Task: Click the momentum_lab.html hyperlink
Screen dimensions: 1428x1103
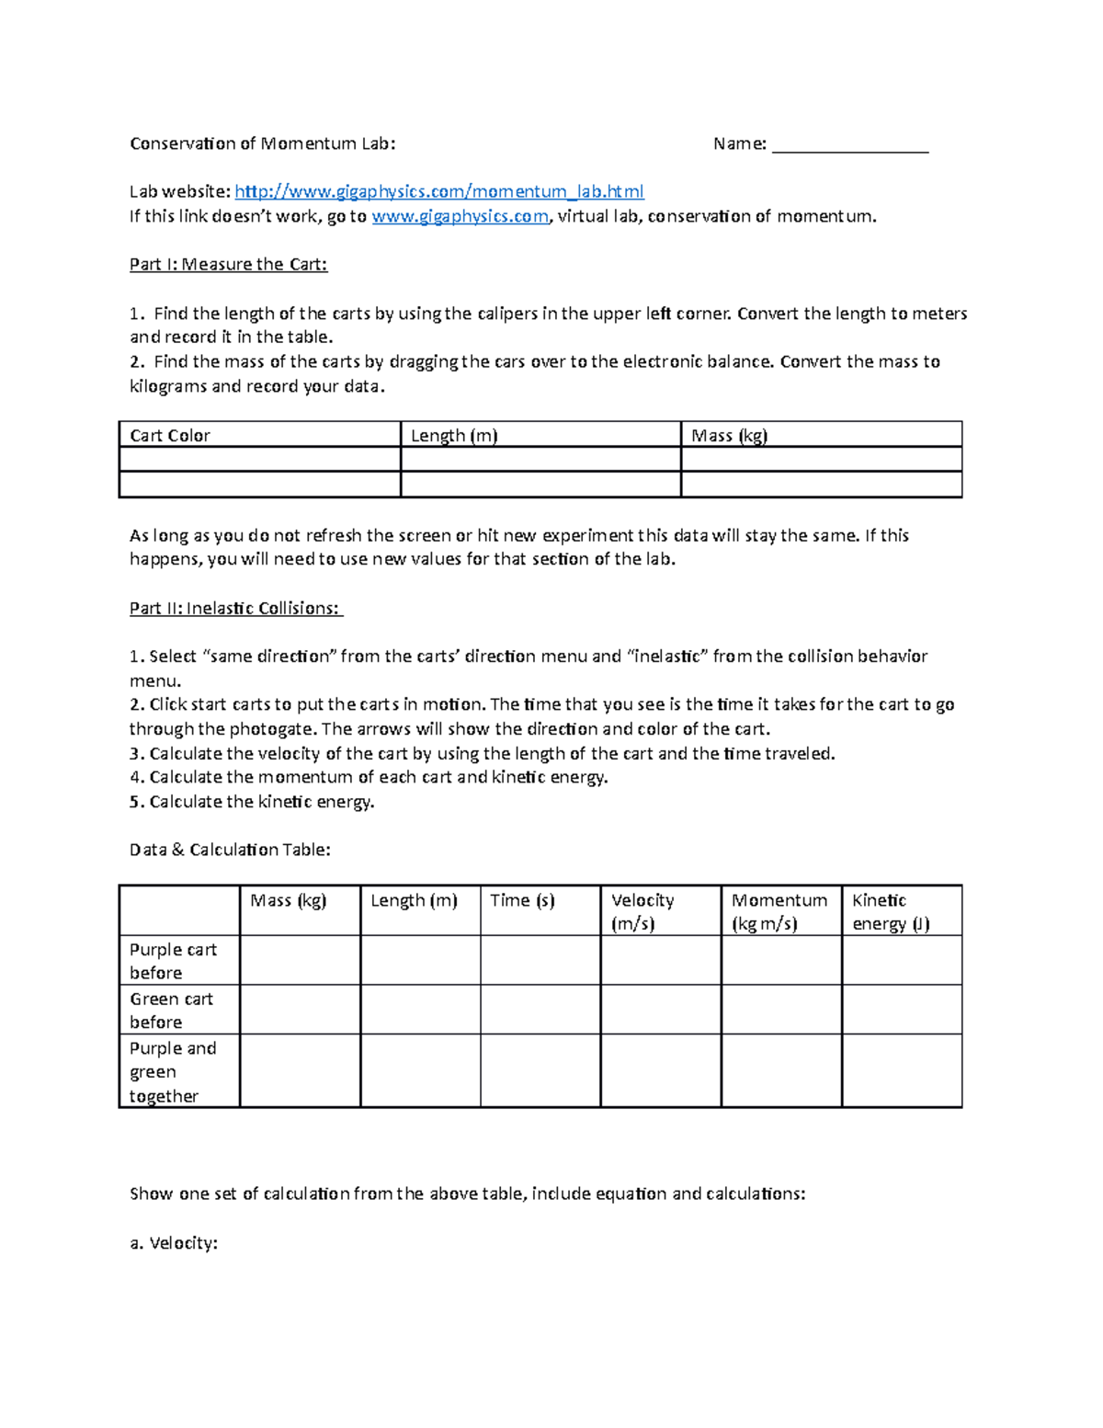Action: click(439, 191)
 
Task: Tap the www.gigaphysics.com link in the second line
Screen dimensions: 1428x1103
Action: click(460, 216)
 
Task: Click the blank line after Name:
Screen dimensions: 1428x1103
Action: click(850, 145)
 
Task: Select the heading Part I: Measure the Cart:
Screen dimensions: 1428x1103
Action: click(228, 265)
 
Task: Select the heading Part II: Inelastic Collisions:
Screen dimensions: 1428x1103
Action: click(236, 608)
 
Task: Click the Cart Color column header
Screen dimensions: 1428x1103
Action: click(170, 435)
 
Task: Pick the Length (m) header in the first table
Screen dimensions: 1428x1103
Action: click(454, 435)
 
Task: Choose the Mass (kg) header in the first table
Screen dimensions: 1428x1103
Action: click(729, 435)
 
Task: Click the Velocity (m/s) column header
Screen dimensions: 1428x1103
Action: click(642, 911)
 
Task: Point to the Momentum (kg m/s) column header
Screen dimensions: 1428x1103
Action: click(779, 911)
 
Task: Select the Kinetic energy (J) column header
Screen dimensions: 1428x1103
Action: click(891, 911)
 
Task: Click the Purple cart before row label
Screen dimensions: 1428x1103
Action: click(174, 961)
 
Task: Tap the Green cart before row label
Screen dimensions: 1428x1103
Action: click(171, 1010)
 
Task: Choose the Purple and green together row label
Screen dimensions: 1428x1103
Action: click(173, 1071)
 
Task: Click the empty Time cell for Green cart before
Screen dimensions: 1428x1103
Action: click(540, 1010)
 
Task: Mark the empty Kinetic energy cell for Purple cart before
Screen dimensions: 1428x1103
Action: click(902, 961)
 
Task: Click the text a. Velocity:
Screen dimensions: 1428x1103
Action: click(174, 1243)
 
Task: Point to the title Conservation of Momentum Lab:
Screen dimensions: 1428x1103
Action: click(263, 143)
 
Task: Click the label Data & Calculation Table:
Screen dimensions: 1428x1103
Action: click(230, 850)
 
